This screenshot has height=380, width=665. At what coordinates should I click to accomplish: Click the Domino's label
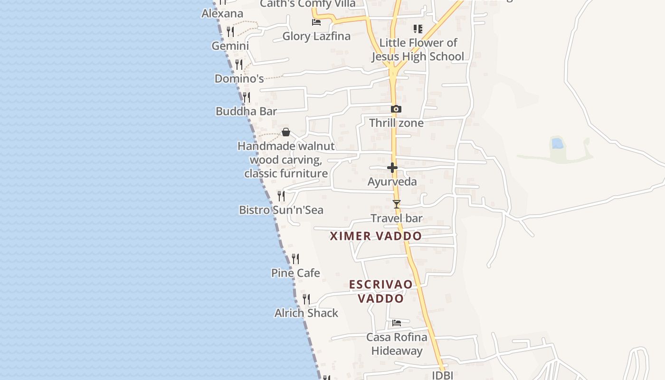coord(239,78)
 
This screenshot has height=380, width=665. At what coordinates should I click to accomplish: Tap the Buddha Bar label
coord(246,111)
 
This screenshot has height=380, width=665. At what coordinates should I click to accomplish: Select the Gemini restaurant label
coord(230,46)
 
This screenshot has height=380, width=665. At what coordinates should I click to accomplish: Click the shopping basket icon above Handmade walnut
coord(286,132)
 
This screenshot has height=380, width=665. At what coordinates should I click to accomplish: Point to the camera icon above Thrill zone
coord(396,109)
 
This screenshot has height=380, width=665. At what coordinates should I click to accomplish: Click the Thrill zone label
coord(396,123)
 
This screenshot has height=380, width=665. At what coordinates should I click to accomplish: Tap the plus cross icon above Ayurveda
coord(392,168)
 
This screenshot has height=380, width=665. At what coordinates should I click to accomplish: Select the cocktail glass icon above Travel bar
coord(397,204)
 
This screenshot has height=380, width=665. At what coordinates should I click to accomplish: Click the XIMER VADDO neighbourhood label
coord(376,236)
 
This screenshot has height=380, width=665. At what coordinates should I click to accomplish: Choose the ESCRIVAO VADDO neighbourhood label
coord(381,291)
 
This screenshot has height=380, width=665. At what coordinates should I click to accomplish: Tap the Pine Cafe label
coord(295,273)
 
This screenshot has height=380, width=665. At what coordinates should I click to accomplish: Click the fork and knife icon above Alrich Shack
coord(306,299)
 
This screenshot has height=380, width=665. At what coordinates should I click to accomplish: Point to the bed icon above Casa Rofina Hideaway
coord(397,323)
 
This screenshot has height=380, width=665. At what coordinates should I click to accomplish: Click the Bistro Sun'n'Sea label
coord(281,210)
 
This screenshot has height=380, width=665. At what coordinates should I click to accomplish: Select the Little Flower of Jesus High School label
coord(418,49)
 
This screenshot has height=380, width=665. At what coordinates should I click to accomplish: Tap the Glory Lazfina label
coord(316,36)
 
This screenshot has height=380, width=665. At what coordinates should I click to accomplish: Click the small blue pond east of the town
coord(557,143)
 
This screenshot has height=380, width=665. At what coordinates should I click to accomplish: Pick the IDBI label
coord(442,375)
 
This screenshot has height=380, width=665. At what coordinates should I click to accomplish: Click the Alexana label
coord(222,13)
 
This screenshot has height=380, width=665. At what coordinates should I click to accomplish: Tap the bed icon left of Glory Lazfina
coord(316,22)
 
